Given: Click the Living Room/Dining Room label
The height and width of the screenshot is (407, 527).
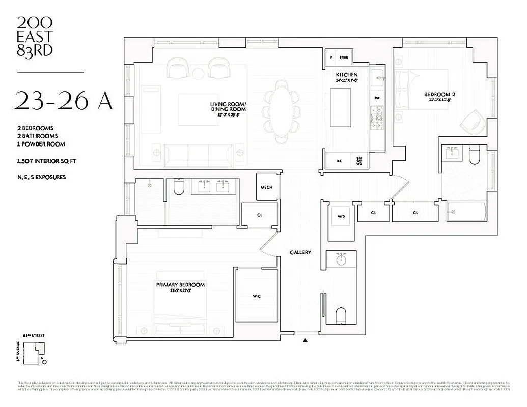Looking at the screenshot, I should tap(228, 107).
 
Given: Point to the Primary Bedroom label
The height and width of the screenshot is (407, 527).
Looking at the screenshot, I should tap(180, 285).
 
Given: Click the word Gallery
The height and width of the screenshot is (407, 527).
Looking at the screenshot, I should tap(300, 253).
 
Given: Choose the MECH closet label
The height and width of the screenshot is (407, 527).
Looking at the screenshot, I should tap(267, 187).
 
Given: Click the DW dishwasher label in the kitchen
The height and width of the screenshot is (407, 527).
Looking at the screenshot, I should tap(377, 97).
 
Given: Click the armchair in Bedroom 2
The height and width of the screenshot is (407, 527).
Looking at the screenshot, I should tap(468, 123).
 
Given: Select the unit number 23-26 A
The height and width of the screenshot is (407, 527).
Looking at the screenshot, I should tap(63, 101).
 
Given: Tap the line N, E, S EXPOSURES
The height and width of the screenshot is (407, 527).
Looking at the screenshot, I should tap(40, 177).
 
